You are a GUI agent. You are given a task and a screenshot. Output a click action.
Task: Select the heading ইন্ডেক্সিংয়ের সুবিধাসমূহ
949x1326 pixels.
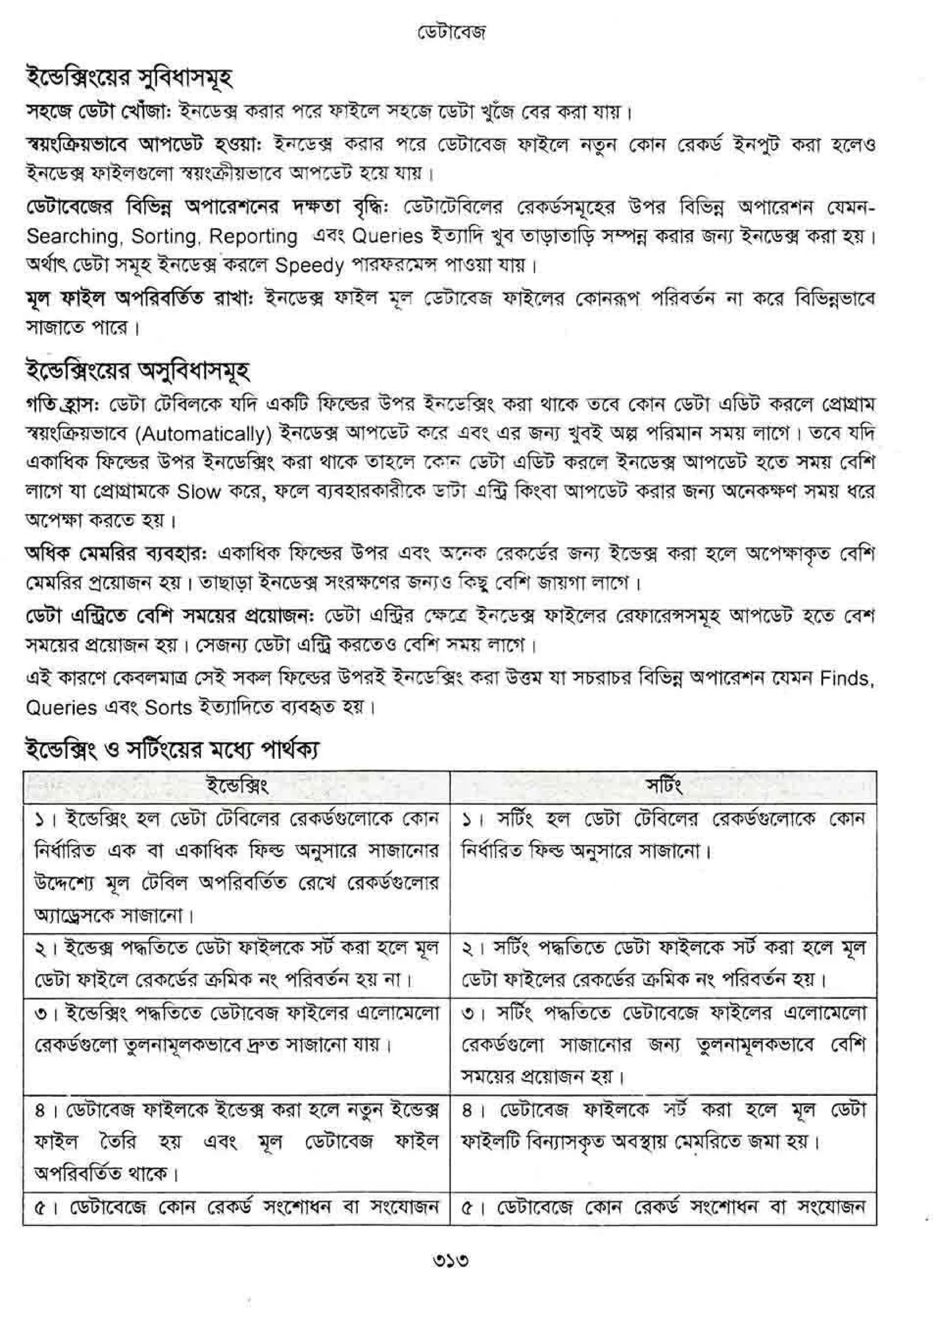click(x=129, y=78)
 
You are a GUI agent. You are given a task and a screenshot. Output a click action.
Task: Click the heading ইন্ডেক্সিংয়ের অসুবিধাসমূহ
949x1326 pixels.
click(x=138, y=370)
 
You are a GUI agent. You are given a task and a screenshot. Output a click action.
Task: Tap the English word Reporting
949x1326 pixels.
click(x=253, y=237)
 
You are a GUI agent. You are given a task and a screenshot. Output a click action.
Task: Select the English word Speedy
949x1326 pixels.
click(x=309, y=266)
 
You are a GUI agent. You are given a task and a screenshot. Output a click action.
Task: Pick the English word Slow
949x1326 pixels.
click(x=199, y=492)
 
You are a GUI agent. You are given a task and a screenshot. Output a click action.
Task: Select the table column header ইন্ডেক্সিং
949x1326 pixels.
click(x=237, y=786)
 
